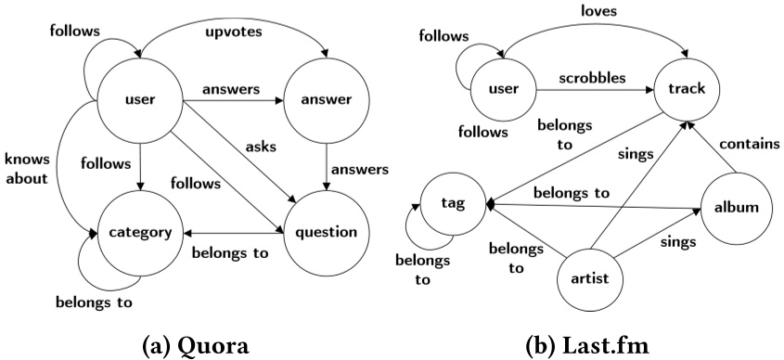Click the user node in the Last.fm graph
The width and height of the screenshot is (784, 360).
(502, 91)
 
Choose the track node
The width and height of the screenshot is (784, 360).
(688, 91)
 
